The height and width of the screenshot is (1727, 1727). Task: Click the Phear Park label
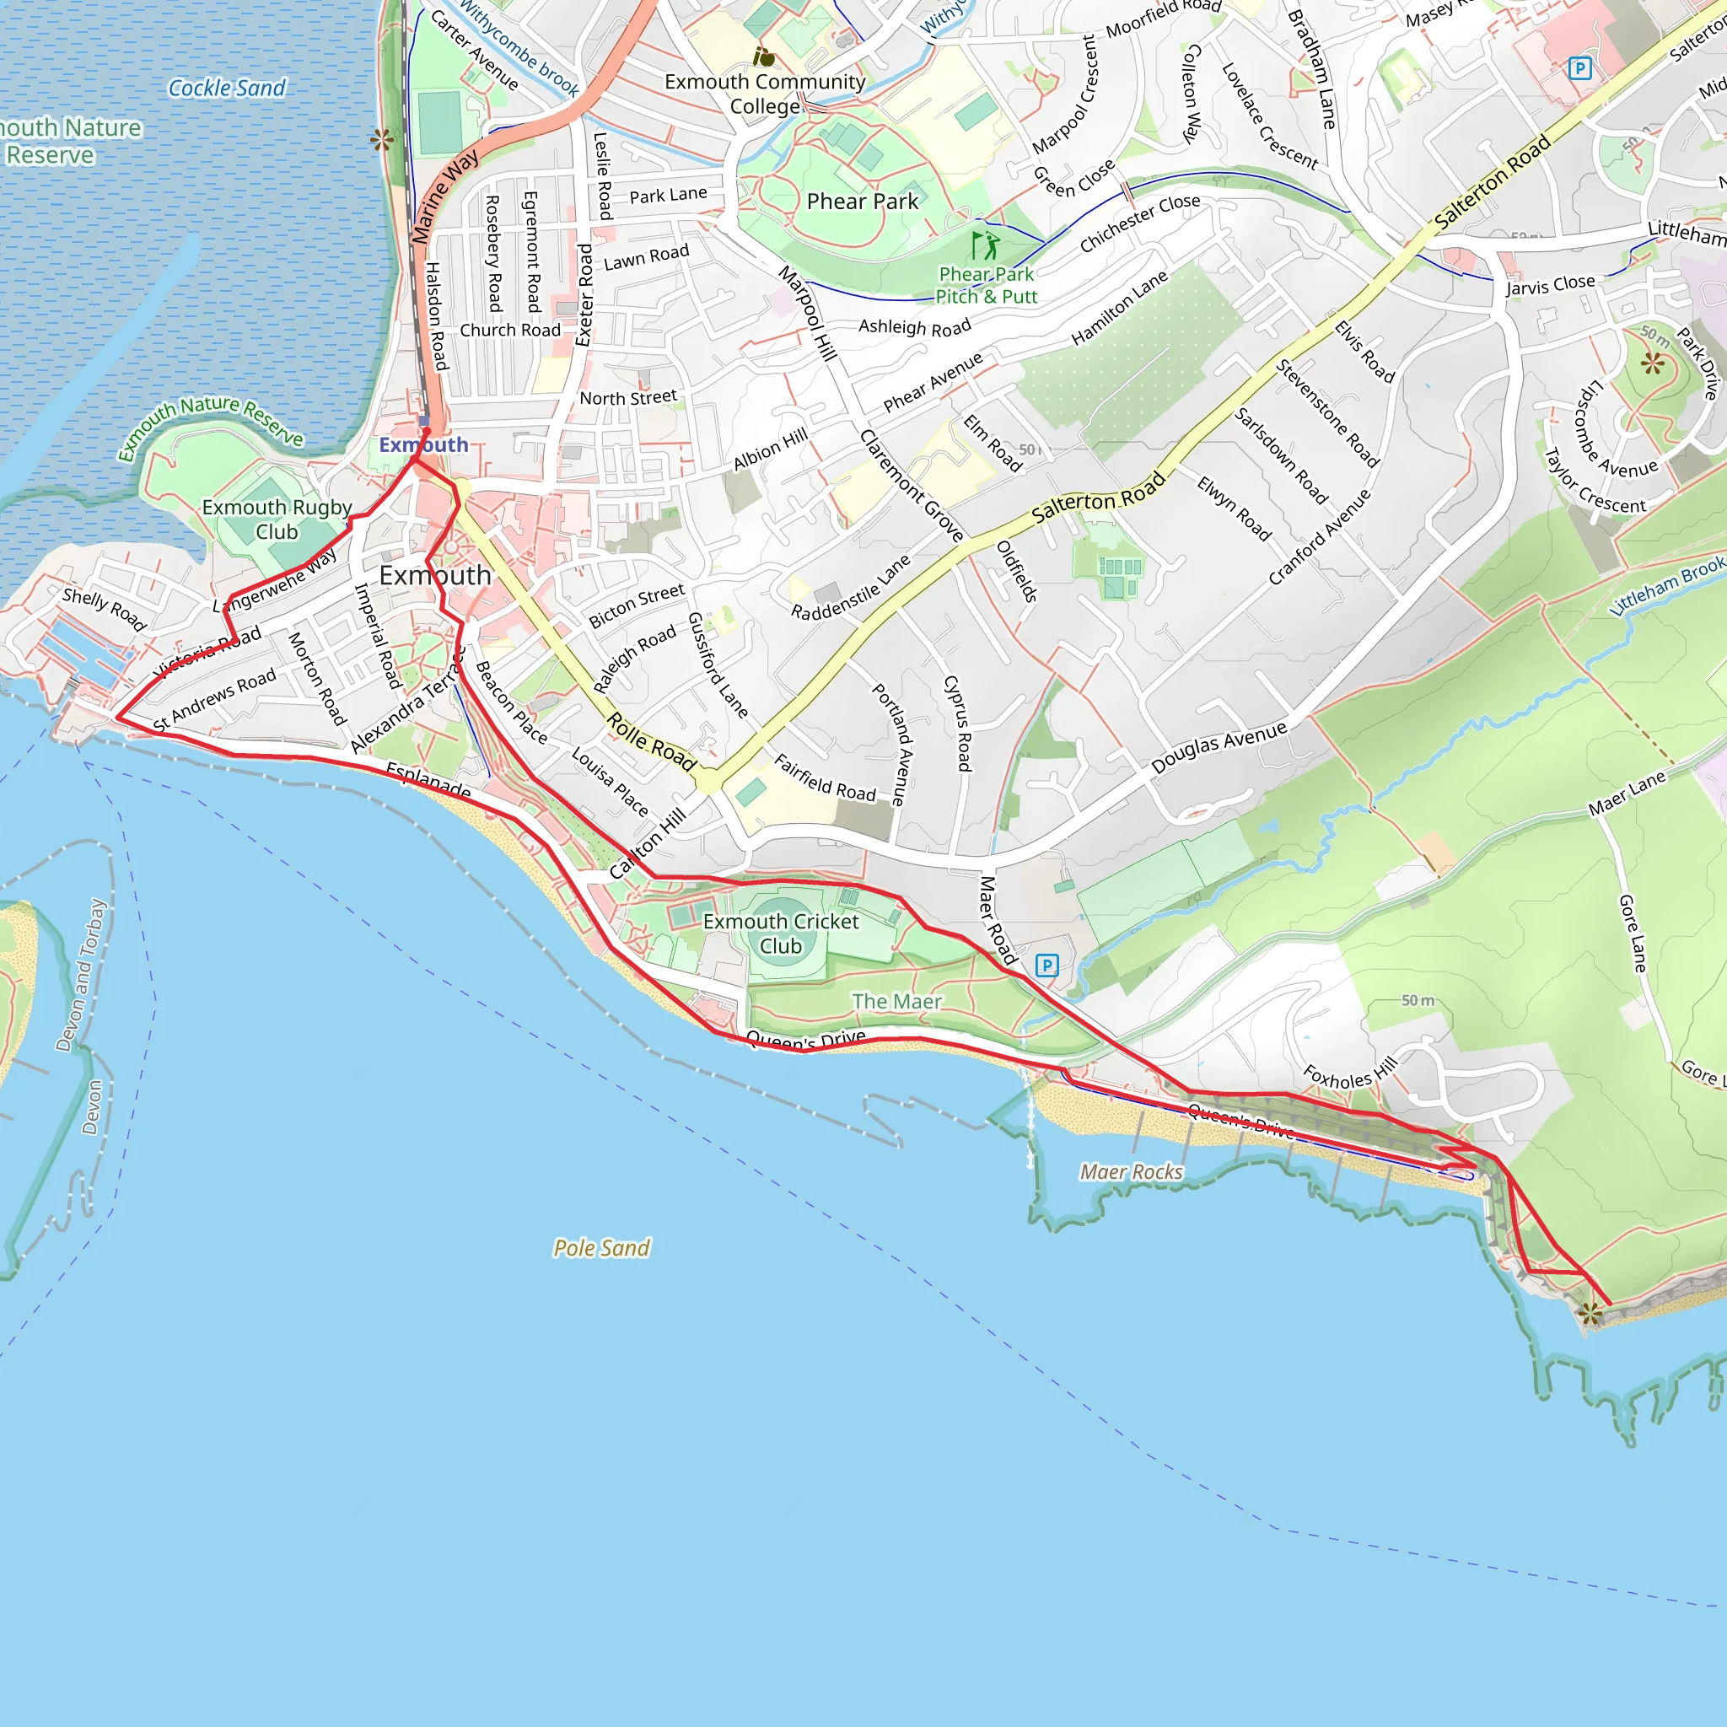tap(862, 202)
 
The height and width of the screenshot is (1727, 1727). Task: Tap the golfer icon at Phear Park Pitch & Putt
tap(985, 245)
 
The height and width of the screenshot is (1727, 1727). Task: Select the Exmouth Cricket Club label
tap(780, 933)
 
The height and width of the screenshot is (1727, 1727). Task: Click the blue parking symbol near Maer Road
tap(1046, 966)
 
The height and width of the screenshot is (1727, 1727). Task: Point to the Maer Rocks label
tap(1131, 1171)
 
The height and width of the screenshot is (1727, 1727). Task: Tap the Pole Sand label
tap(601, 1248)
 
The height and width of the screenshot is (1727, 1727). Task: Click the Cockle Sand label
tap(227, 88)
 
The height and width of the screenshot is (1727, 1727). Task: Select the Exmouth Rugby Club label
tap(277, 519)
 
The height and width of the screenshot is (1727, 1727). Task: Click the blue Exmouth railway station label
tap(423, 444)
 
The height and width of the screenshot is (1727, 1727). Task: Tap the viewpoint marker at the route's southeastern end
tap(1590, 1313)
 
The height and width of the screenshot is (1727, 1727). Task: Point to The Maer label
tap(896, 1001)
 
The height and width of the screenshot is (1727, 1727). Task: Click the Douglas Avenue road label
tap(1219, 747)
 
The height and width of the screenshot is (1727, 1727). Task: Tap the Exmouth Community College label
tap(765, 94)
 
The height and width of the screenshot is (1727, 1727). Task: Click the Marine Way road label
tap(445, 197)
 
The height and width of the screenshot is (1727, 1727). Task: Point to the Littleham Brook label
tap(1667, 585)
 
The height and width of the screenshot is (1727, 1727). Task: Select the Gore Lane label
tap(1633, 933)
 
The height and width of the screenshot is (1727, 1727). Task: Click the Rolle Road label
tap(652, 742)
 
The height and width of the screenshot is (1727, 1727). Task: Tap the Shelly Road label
tap(104, 609)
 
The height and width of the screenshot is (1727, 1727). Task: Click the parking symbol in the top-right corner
tap(1579, 68)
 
